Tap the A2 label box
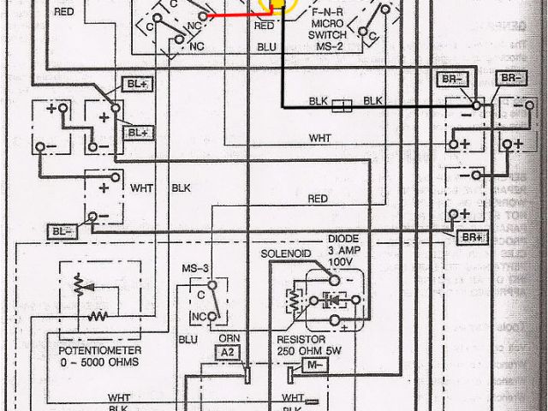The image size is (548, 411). tap(227, 353)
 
